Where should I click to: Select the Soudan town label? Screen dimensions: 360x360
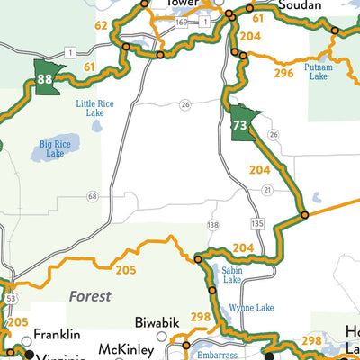click(300, 5)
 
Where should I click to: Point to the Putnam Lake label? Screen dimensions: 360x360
click(318, 72)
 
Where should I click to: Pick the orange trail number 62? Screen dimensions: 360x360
click(102, 25)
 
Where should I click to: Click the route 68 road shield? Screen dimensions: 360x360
click(93, 195)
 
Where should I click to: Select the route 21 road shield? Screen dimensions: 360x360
click(267, 190)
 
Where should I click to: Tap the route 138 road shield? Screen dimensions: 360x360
click(212, 224)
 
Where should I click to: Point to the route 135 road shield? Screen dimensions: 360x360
click(257, 221)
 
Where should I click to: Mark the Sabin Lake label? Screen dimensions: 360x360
click(230, 274)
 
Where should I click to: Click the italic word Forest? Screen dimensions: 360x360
click(89, 295)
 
